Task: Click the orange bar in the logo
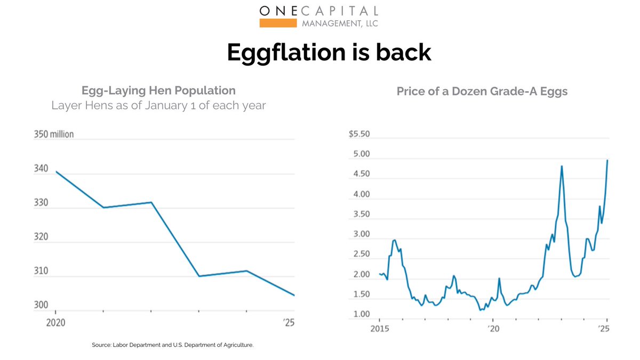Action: (x=277, y=23)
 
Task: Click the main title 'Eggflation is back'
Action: (x=329, y=52)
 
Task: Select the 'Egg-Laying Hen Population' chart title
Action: (x=158, y=90)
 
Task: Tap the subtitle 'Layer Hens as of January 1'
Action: (x=158, y=106)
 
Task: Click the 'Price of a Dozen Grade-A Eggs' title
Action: (x=482, y=91)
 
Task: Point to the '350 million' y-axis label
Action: (x=54, y=134)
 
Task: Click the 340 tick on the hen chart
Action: (x=42, y=169)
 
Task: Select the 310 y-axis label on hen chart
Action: (x=42, y=271)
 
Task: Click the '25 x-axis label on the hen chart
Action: (x=289, y=322)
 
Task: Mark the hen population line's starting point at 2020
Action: (x=56, y=172)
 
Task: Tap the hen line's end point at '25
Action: (x=294, y=295)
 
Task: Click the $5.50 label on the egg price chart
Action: (x=359, y=134)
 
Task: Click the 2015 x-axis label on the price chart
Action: (x=379, y=328)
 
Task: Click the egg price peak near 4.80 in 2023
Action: (x=562, y=166)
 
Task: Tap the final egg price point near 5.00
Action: (x=607, y=161)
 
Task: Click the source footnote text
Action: (x=173, y=345)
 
